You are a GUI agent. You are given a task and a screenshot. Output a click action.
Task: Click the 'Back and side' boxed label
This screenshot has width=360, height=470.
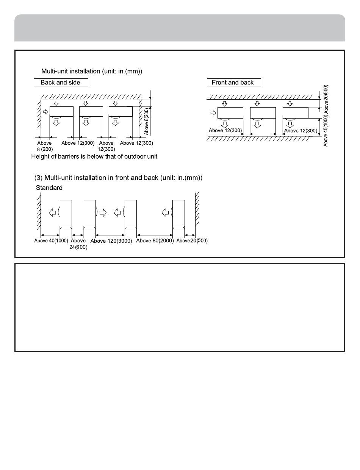pos(60,83)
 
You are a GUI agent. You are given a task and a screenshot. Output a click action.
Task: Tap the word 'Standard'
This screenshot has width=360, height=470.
pos(49,188)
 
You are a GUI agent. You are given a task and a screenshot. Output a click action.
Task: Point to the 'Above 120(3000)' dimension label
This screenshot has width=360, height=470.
pos(111,241)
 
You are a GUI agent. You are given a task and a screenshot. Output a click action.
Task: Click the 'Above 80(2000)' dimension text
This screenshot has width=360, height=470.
pos(155,240)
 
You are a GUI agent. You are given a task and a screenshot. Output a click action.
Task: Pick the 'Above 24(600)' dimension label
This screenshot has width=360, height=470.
pos(78,244)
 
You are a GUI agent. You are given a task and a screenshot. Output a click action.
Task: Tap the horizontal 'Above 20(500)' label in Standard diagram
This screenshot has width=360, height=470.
pos(192,240)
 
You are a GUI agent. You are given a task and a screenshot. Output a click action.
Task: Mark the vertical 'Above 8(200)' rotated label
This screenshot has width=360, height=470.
pos(147,121)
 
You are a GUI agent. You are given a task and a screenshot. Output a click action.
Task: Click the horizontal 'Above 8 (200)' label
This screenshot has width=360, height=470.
pos(44,146)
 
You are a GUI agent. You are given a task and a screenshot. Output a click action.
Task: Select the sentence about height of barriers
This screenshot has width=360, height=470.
pos(94,156)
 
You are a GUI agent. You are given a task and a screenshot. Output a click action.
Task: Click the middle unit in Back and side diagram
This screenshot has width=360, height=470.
pos(91,111)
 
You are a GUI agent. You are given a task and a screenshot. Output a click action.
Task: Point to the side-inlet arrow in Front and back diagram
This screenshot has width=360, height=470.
pos(213,112)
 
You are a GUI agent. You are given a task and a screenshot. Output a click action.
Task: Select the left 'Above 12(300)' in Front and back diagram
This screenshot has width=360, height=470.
pos(225,131)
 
